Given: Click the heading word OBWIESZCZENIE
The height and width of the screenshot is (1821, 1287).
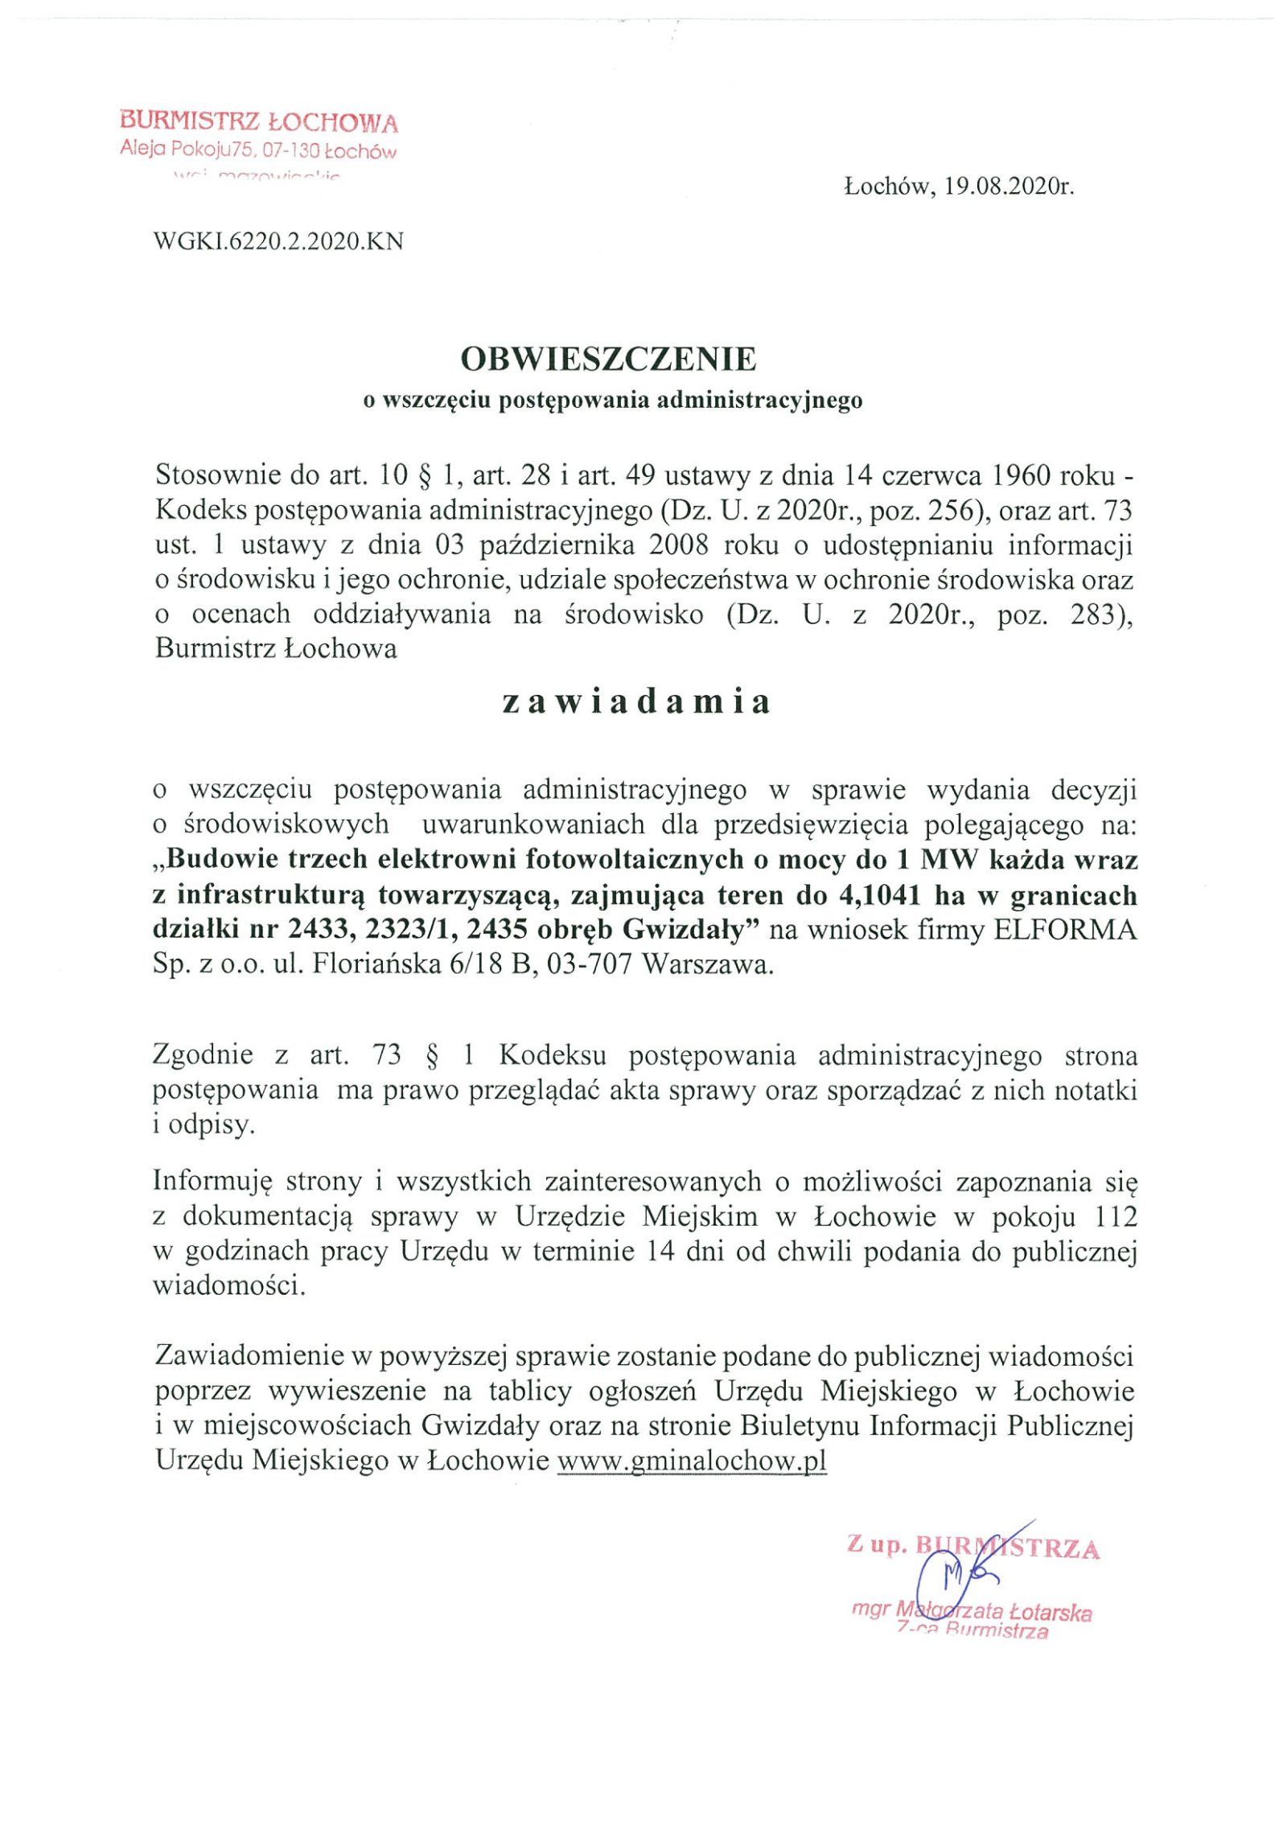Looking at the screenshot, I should pos(608,360).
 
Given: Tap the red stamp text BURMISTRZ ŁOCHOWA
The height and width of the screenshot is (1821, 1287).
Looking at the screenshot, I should pos(259,123).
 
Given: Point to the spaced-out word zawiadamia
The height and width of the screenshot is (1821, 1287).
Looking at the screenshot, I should pos(635,702).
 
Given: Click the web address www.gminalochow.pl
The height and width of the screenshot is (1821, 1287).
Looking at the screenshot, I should pos(692,1460).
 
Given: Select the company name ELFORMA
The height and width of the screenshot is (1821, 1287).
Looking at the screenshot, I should pos(1066,930).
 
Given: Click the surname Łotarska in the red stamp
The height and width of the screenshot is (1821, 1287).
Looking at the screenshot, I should pos(1049,1613).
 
